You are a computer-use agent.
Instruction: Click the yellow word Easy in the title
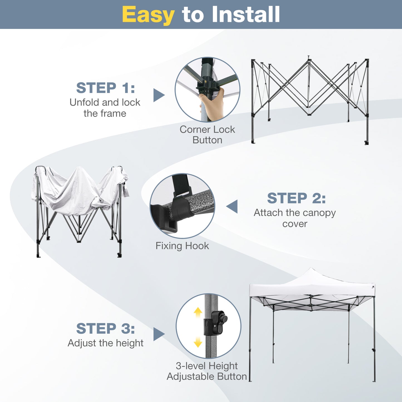pyautogui.click(x=148, y=15)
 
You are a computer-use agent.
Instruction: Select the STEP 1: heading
pyautogui.click(x=105, y=88)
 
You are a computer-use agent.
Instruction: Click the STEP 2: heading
pyautogui.click(x=296, y=198)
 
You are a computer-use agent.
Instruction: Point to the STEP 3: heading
pyautogui.click(x=105, y=329)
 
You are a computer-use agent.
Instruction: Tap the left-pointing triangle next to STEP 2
pyautogui.click(x=233, y=206)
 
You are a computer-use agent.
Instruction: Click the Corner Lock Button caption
pyautogui.click(x=207, y=135)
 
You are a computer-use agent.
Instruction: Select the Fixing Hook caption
pyautogui.click(x=182, y=246)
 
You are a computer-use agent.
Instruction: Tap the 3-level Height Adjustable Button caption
pyautogui.click(x=207, y=371)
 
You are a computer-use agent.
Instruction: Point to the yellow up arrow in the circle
pyautogui.click(x=198, y=312)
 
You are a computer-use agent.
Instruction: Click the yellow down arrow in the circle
pyautogui.click(x=198, y=342)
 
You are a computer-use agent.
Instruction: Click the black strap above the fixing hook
pyautogui.click(x=180, y=185)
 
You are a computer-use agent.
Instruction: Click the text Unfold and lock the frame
pyautogui.click(x=105, y=108)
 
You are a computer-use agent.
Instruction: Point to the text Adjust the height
pyautogui.click(x=105, y=343)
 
